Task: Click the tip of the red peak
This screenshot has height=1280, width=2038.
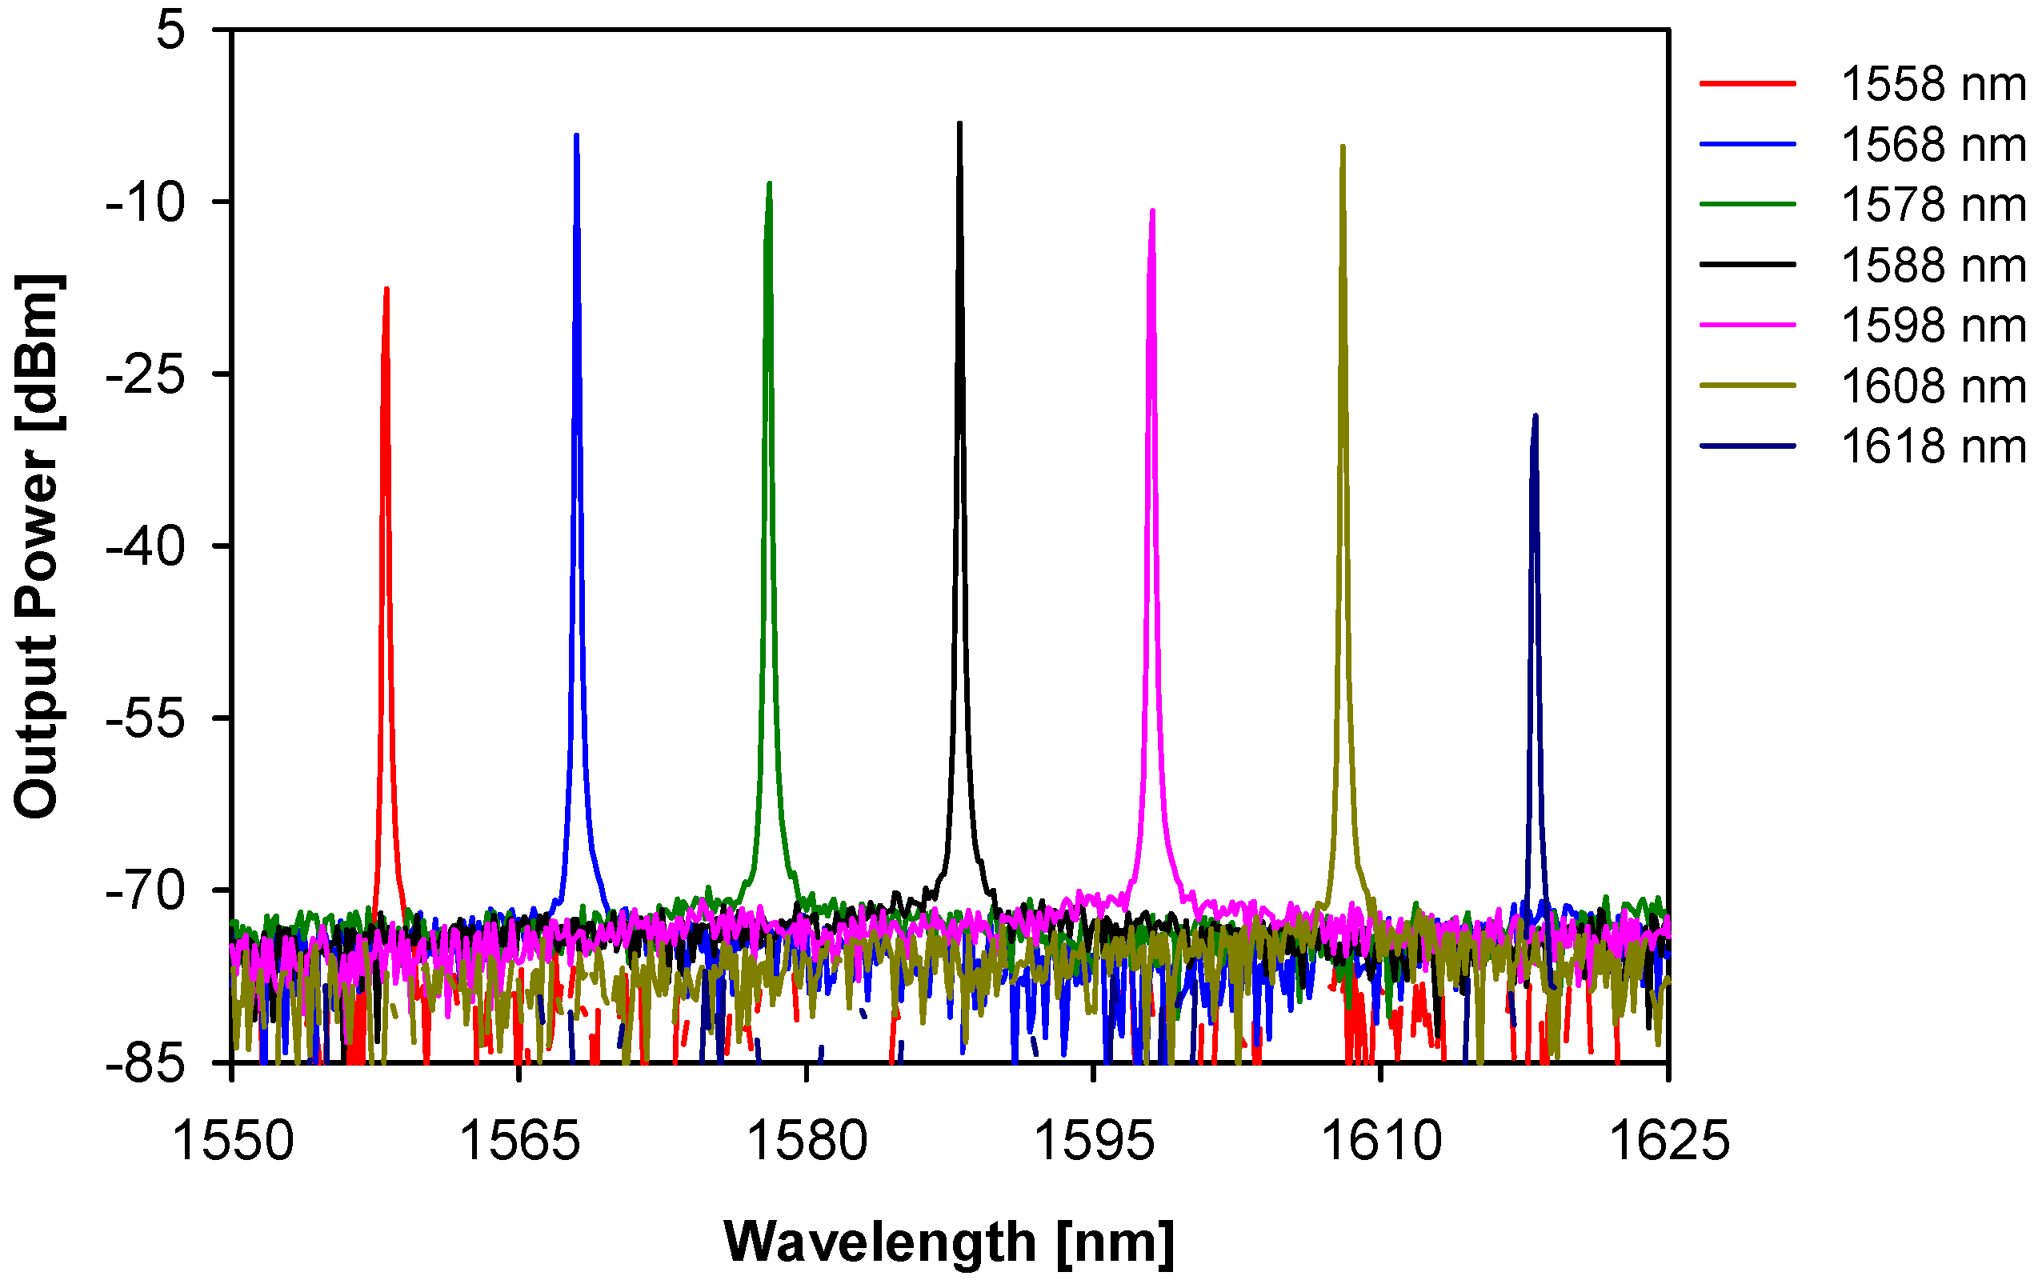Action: click(386, 290)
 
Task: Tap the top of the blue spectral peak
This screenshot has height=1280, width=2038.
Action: click(576, 135)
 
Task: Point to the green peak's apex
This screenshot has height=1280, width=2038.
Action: click(768, 183)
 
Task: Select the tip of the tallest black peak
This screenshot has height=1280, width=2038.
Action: click(959, 123)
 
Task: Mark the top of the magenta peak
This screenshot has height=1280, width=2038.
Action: click(1152, 210)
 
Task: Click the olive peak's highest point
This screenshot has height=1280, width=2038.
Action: click(1343, 147)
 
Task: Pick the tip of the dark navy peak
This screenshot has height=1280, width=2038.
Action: click(1535, 416)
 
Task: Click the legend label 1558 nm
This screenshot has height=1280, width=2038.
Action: click(1933, 85)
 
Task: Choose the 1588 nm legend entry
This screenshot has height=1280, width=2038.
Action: click(1933, 266)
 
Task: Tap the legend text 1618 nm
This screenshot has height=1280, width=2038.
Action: click(1933, 446)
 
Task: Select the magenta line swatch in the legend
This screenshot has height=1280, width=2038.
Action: click(1747, 325)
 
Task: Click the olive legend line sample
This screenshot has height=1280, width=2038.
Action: click(1747, 386)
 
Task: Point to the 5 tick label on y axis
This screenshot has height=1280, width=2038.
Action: click(171, 31)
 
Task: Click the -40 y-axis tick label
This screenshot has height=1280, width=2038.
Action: click(145, 547)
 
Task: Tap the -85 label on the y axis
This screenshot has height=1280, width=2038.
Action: click(145, 1063)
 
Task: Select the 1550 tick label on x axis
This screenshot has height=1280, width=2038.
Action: click(233, 1141)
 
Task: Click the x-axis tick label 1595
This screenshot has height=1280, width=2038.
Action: click(1094, 1141)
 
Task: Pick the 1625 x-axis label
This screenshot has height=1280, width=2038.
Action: click(1668, 1141)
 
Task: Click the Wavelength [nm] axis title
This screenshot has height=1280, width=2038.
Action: click(949, 1242)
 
